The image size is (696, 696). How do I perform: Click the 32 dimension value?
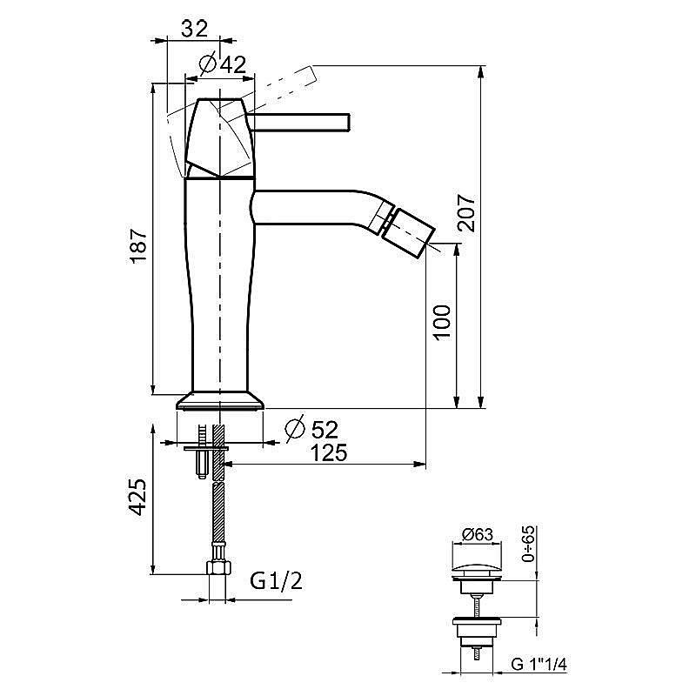pos(194,29)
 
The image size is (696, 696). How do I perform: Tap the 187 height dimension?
pos(138,246)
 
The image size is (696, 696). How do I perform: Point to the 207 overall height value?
pos(466,212)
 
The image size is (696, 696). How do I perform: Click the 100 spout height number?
pos(442,323)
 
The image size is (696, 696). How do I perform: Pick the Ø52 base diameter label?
pos(311,429)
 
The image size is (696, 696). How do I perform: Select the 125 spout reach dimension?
pos(329,452)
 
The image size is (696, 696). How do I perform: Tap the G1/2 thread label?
pos(276,580)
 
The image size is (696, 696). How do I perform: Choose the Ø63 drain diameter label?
pos(477,534)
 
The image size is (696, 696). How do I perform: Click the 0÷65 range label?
pos(528,545)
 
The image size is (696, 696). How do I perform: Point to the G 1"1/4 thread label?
pos(539,665)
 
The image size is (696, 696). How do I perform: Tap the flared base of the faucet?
pos(220,400)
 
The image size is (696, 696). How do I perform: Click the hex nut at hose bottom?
pos(218,568)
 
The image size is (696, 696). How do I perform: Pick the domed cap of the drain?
pos(477,572)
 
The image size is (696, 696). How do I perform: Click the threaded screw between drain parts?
pos(476,606)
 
